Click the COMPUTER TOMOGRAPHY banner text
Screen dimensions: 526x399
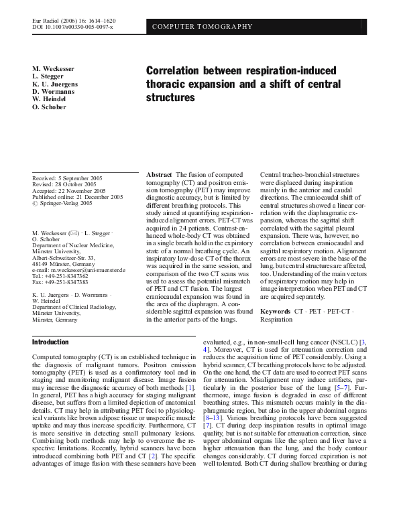[x=203, y=27]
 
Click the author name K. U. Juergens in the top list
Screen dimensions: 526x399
[x=55, y=84]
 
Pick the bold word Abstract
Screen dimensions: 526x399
[x=159, y=174]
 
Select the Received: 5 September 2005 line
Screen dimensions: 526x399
[x=64, y=178]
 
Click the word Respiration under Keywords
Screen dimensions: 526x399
[x=276, y=320]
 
